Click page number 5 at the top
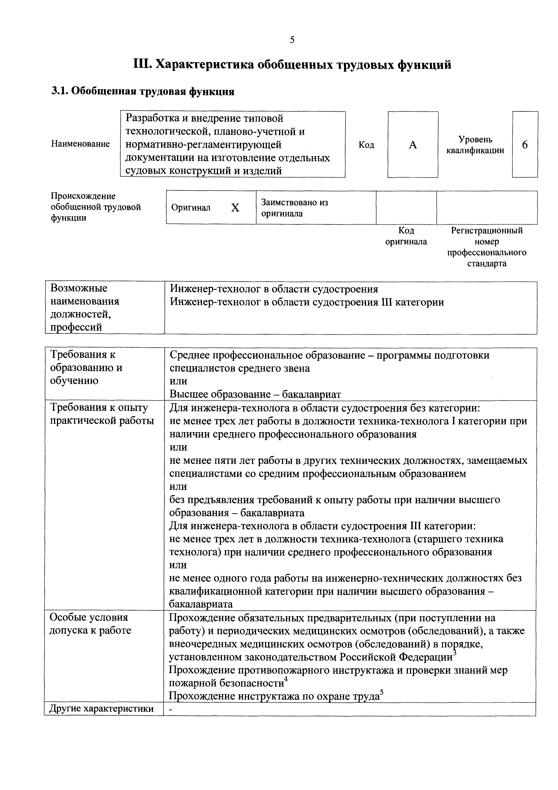click(292, 40)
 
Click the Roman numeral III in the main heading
click(142, 64)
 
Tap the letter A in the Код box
click(413, 145)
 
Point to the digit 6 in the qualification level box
click(525, 145)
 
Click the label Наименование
click(81, 144)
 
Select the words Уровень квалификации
click(475, 145)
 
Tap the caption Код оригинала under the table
click(406, 236)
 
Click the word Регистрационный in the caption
click(487, 231)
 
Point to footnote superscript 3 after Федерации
click(454, 652)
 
